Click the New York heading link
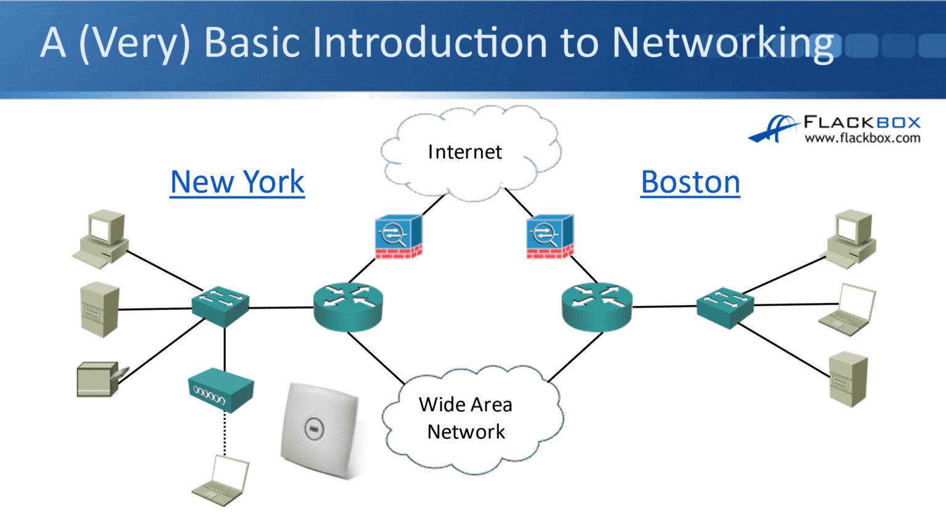(x=237, y=182)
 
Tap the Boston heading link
(x=690, y=182)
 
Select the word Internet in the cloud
(x=465, y=152)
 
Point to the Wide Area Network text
(x=466, y=418)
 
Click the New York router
(x=348, y=307)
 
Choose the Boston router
(x=597, y=307)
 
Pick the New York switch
(x=220, y=305)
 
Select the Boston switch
(x=725, y=307)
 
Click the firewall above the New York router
(x=398, y=237)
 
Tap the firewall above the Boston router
(x=550, y=237)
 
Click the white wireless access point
(x=318, y=430)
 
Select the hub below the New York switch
(x=220, y=390)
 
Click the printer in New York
(x=100, y=379)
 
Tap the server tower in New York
(x=100, y=309)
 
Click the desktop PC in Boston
(x=851, y=238)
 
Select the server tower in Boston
(x=848, y=379)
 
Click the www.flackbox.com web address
(x=862, y=138)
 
